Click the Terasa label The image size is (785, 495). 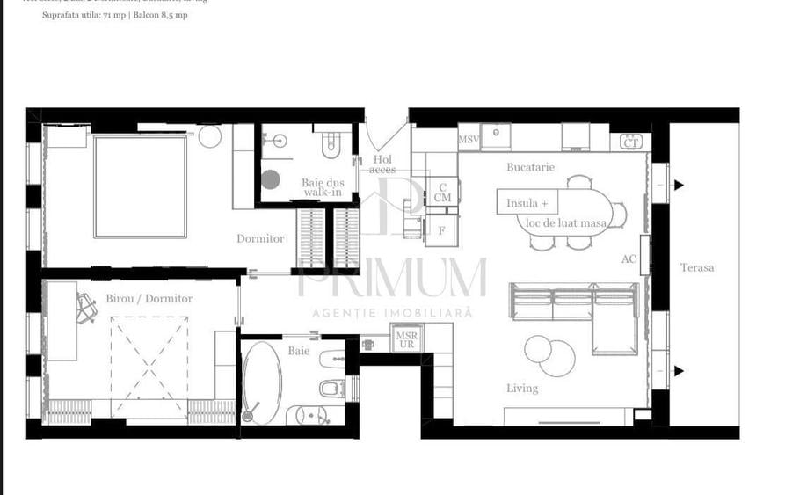click(x=697, y=267)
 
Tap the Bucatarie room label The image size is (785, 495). click(x=530, y=166)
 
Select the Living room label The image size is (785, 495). click(x=522, y=388)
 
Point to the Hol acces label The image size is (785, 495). click(x=382, y=164)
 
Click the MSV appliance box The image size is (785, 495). click(x=469, y=140)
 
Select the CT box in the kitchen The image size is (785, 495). click(x=630, y=142)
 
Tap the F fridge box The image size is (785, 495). click(x=441, y=230)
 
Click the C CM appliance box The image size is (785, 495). click(x=442, y=193)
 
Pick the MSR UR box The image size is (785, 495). click(x=405, y=339)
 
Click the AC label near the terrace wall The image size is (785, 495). click(x=629, y=259)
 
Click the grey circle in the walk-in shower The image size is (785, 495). click(x=271, y=180)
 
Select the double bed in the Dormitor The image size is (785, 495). click(x=141, y=186)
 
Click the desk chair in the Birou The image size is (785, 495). click(x=85, y=307)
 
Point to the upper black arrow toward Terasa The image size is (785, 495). click(x=679, y=185)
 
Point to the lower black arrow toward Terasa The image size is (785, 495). click(x=679, y=371)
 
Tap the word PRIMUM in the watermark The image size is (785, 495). click(x=392, y=278)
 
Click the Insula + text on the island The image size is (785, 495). click(x=527, y=204)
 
